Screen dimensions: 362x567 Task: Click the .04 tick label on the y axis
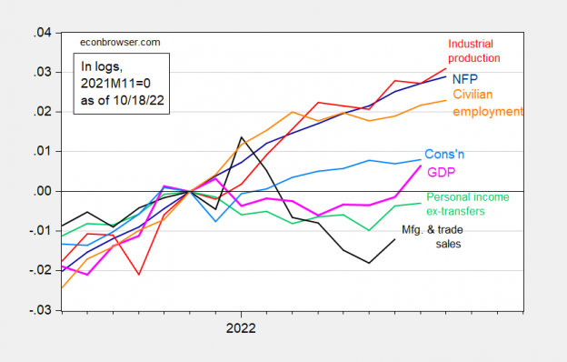[x=41, y=33]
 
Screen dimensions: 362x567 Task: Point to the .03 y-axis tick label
[x=41, y=73]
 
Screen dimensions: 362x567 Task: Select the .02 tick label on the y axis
[x=41, y=112]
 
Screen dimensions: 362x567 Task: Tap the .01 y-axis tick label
[x=41, y=152]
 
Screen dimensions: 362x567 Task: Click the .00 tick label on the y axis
[x=41, y=191]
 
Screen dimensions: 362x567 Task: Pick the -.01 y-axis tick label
[x=39, y=231]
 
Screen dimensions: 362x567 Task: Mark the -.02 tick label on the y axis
[x=39, y=271]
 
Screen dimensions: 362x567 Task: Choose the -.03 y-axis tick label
[x=39, y=310]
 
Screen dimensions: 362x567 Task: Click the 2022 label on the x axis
[x=241, y=327]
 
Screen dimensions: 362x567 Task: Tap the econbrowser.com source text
[x=113, y=42]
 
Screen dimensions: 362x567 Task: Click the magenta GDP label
[x=441, y=172]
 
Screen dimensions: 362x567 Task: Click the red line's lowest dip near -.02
[x=138, y=274]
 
